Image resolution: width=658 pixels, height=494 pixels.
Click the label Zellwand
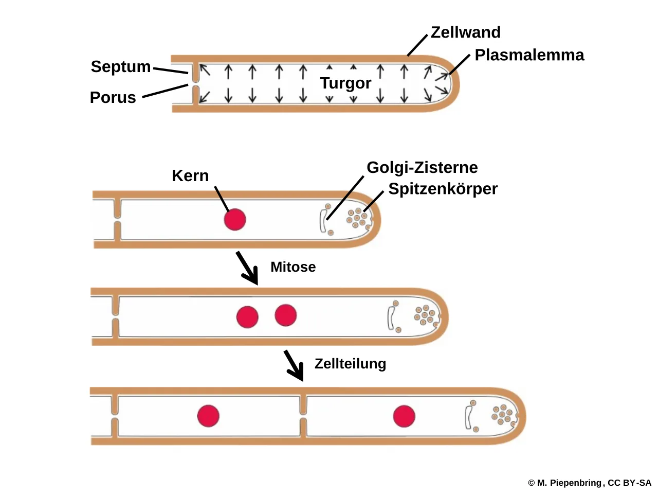466,32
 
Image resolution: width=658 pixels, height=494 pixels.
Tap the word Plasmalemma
529,55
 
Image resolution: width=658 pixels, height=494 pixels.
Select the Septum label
121,67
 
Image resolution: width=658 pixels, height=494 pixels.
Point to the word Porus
113,97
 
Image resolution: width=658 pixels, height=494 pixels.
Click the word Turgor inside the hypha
345,83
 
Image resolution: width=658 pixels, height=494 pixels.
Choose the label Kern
190,176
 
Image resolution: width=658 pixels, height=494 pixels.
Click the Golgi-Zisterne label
422,168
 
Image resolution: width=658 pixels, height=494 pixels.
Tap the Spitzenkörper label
443,189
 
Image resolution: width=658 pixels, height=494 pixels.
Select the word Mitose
293,267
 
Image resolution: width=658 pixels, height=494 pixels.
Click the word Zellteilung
351,364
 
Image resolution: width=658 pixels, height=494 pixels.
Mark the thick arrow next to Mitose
247,268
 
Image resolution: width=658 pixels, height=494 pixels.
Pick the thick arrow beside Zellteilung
294,366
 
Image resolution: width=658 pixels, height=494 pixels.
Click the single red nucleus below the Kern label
235,220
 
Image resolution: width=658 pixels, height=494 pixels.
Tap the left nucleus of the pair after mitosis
247,317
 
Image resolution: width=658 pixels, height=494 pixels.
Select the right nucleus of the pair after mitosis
286,315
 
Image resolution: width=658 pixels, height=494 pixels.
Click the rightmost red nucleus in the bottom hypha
404,416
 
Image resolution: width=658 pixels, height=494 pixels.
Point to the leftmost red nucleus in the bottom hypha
208,416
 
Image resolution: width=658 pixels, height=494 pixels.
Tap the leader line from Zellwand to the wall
417,45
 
